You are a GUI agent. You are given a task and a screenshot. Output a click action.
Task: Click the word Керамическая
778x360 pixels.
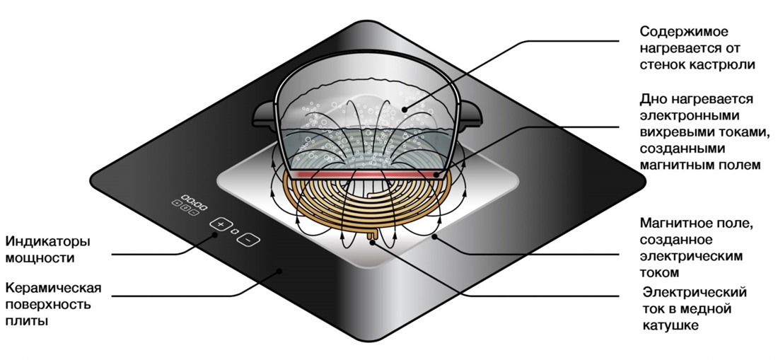tap(53, 289)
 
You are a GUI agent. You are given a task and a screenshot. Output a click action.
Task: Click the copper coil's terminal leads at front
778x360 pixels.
tap(373, 236)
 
